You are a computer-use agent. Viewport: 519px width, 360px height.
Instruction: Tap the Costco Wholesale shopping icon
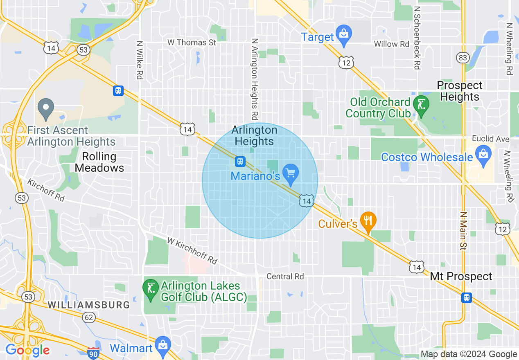pyautogui.click(x=483, y=156)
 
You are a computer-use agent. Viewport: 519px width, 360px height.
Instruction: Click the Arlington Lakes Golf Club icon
pyautogui.click(x=151, y=289)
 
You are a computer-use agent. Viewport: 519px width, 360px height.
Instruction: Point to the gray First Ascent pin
pyautogui.click(x=46, y=108)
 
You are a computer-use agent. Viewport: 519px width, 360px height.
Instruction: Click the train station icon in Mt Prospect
pyautogui.click(x=466, y=297)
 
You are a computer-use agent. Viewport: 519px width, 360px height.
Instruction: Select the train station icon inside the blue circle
pyautogui.click(x=240, y=162)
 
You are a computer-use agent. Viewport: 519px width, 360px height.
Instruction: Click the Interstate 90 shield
pyautogui.click(x=93, y=353)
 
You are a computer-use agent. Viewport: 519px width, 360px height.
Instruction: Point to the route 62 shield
pyautogui.click(x=88, y=317)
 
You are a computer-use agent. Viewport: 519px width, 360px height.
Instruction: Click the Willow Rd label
pyautogui.click(x=392, y=44)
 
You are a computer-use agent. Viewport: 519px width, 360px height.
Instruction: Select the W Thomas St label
pyautogui.click(x=192, y=42)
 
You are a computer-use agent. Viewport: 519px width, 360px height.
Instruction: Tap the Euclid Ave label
pyautogui.click(x=490, y=139)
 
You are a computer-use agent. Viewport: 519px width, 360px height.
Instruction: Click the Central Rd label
pyautogui.click(x=285, y=277)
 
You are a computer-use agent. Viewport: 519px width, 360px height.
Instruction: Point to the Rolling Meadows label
pyautogui.click(x=99, y=162)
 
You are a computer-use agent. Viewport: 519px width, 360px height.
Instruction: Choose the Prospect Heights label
pyautogui.click(x=460, y=91)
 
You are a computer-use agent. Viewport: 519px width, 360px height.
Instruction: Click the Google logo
pyautogui.click(x=28, y=351)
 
